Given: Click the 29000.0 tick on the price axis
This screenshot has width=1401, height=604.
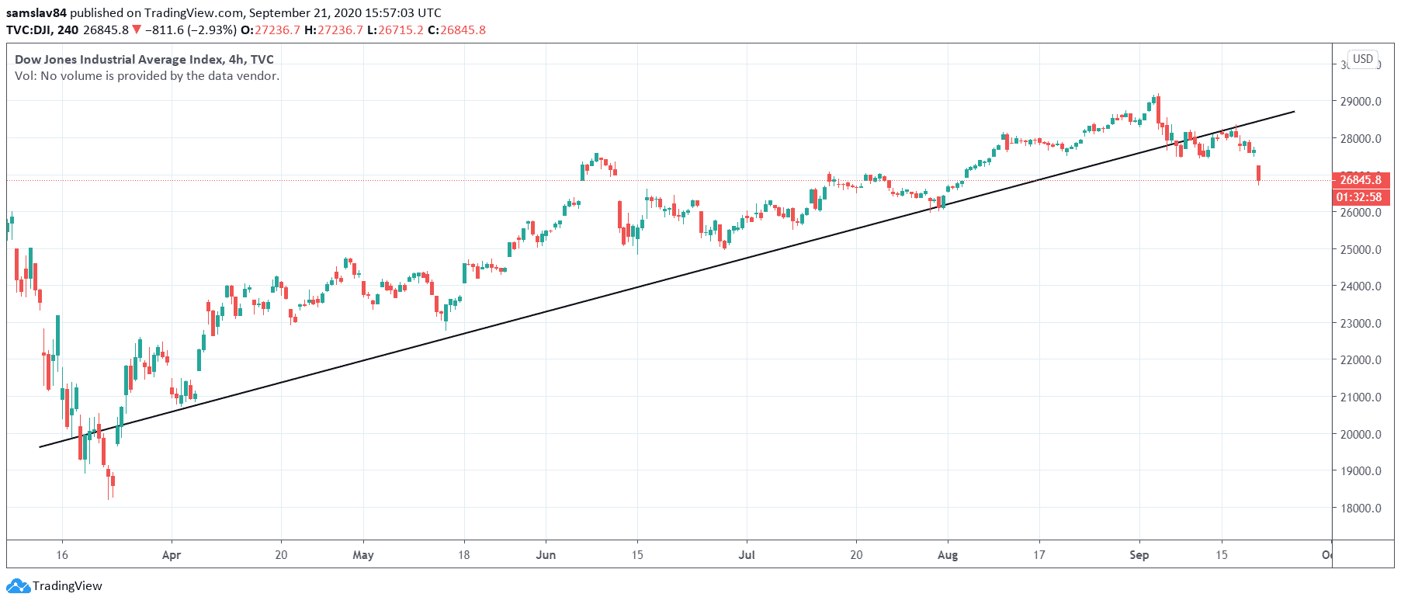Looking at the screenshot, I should (x=1361, y=102).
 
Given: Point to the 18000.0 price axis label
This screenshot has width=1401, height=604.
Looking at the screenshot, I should (x=1361, y=509).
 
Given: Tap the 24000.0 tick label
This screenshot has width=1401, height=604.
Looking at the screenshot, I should (x=1361, y=286).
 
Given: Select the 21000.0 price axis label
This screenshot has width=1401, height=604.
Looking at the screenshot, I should (x=1361, y=397).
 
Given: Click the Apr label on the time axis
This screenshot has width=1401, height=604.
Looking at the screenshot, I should (x=172, y=555).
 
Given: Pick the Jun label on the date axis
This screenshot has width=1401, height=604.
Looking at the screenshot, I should (x=546, y=555).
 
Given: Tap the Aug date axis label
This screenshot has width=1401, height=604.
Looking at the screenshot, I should (x=948, y=555).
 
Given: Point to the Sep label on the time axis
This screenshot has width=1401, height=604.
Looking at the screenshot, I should (x=1139, y=555).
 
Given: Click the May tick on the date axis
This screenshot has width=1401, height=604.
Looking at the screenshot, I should (x=362, y=555).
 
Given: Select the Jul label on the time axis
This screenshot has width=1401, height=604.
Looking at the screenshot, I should (x=747, y=555).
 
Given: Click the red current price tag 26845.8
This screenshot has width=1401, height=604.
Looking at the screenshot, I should (x=1361, y=180).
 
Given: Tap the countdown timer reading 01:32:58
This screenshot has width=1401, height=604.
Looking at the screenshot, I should (x=1359, y=197).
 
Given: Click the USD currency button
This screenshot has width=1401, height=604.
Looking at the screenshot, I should (x=1363, y=59).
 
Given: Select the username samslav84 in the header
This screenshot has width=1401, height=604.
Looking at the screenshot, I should (x=36, y=13).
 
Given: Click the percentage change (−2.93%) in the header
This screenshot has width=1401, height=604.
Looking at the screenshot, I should (x=212, y=30).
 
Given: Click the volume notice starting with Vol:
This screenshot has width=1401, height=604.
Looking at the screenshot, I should (x=147, y=76).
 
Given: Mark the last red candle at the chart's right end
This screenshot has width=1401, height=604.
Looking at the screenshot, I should (x=1258, y=173).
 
